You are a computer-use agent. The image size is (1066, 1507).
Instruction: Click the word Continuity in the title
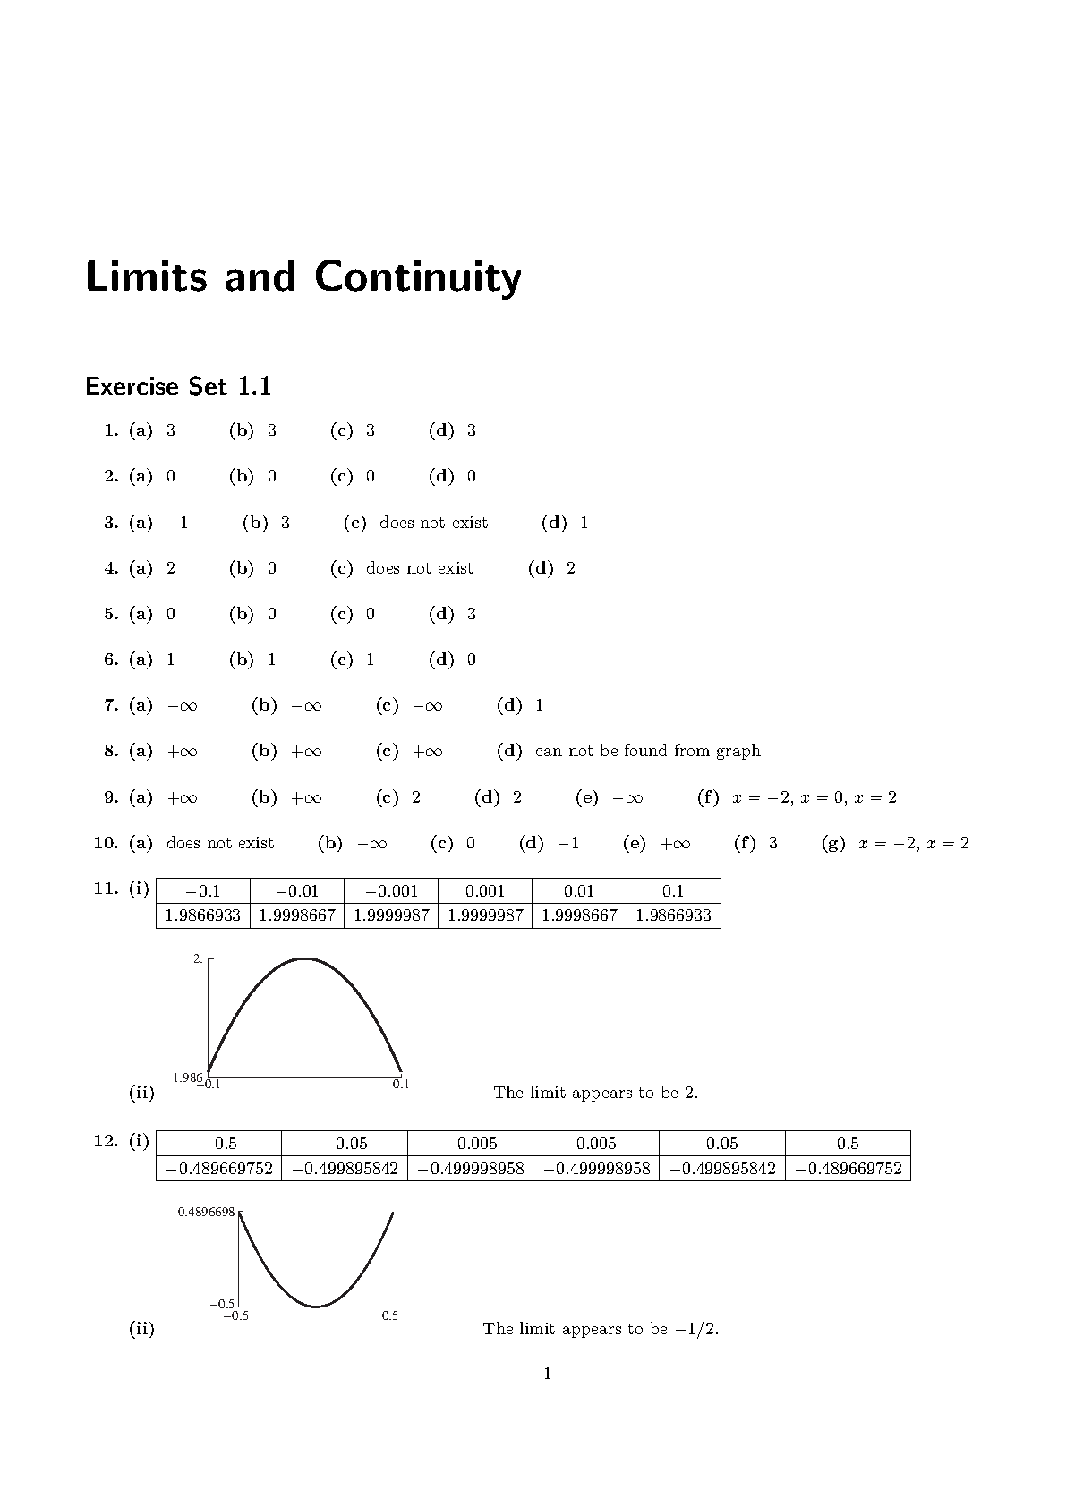(417, 277)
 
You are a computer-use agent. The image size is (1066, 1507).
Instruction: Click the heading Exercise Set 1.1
(178, 387)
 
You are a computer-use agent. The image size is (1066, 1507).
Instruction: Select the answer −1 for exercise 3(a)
(178, 523)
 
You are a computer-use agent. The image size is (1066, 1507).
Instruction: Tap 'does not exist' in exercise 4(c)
(420, 568)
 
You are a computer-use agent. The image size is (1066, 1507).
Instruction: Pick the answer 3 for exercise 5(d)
(471, 614)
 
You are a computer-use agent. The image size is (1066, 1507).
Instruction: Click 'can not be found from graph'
(647, 751)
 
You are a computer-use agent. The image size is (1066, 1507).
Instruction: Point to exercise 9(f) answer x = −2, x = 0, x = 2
(814, 797)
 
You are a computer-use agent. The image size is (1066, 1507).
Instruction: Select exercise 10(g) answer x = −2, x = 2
(913, 843)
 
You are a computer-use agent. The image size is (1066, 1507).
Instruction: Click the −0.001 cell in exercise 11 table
(391, 891)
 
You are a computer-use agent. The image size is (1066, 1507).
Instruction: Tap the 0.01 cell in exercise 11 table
(579, 891)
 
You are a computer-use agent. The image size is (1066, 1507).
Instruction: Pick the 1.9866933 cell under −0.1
(203, 915)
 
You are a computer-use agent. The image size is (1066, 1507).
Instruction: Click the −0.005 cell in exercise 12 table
(470, 1144)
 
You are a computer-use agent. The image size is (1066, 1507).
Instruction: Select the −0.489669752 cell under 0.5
(848, 1169)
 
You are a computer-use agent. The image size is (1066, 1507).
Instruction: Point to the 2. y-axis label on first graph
(198, 959)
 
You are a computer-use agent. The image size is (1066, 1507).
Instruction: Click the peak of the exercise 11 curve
(304, 958)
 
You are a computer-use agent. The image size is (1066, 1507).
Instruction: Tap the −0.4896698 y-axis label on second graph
(202, 1212)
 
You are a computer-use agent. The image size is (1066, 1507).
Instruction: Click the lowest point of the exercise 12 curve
(316, 1307)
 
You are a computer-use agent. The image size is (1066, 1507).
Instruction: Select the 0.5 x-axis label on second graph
(389, 1315)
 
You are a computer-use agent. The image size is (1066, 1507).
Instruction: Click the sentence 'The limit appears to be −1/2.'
(601, 1329)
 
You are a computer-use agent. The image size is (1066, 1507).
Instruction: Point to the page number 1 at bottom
(547, 1374)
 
